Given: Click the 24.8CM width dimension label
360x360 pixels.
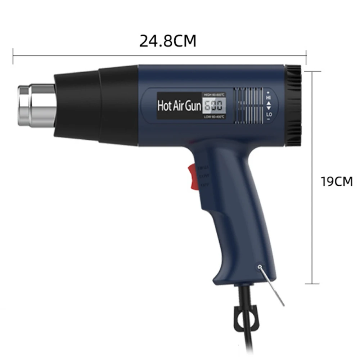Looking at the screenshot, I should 168,41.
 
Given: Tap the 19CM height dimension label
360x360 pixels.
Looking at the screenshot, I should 337,181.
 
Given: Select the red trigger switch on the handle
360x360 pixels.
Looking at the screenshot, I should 192,176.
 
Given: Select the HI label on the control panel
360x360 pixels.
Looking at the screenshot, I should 269,97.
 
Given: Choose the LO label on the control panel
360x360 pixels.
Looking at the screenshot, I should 269,114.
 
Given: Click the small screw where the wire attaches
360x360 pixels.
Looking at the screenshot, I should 260,267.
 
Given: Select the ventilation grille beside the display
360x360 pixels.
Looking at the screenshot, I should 248,106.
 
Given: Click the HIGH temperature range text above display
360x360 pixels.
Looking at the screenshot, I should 214,94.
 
